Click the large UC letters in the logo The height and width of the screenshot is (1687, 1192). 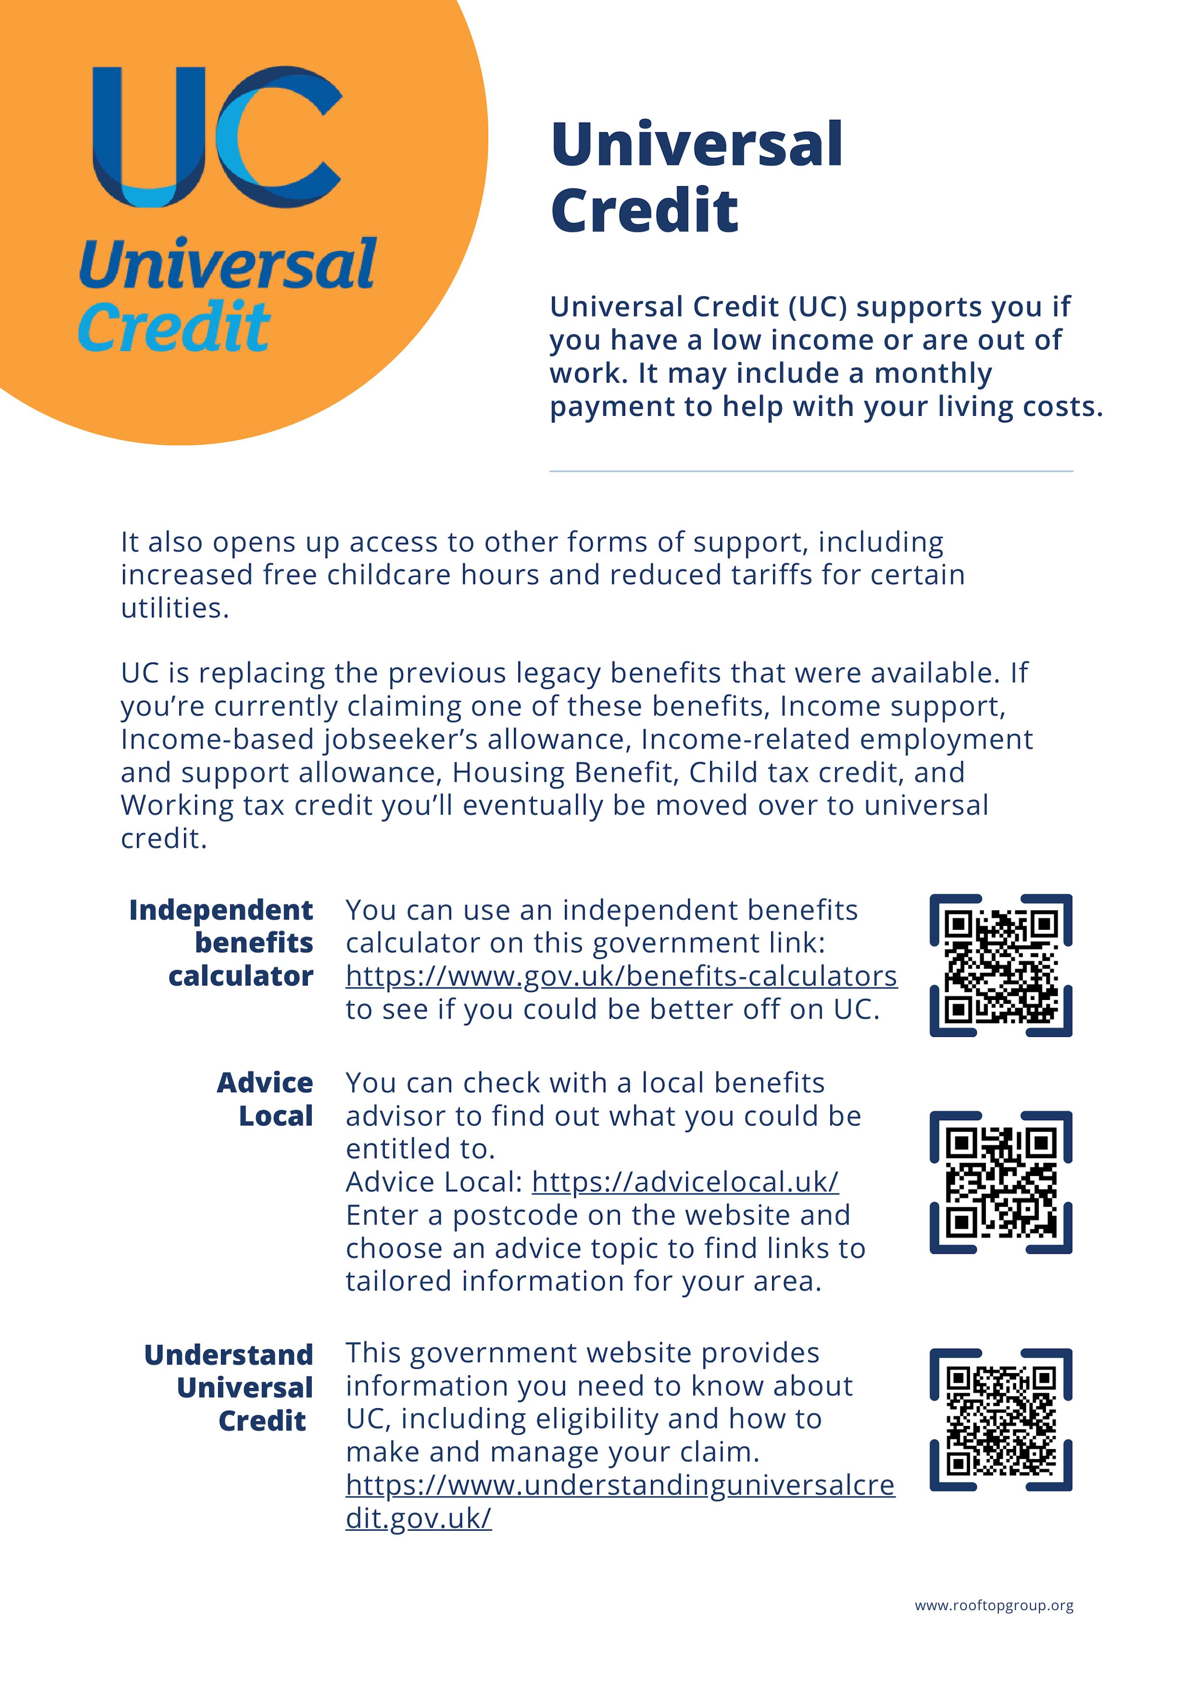coord(217,137)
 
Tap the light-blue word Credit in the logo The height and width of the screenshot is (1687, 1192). coord(174,327)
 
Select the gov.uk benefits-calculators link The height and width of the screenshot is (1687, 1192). coord(621,976)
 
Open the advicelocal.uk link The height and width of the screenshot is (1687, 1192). coord(685,1182)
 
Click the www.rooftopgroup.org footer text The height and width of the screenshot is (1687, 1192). coord(994,1605)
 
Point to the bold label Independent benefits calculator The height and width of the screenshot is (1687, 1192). coord(221,943)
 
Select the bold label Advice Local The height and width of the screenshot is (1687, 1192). coord(265,1099)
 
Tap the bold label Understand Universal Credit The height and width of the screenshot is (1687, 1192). coord(228,1387)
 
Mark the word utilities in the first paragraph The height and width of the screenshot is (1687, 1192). coord(175,608)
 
